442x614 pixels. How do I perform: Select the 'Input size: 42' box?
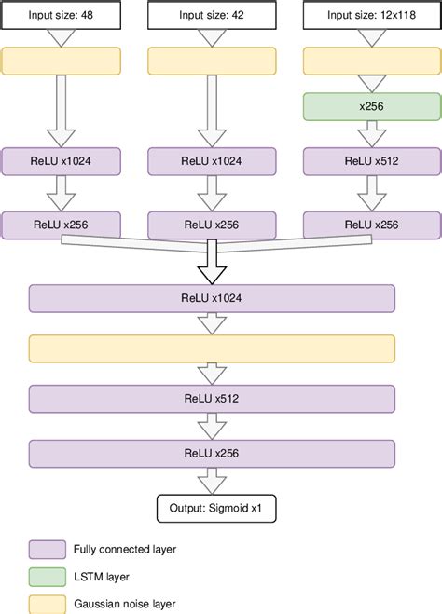[x=212, y=16]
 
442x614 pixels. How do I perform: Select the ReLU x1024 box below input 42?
[x=212, y=160]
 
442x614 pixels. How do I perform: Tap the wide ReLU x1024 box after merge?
[x=212, y=298]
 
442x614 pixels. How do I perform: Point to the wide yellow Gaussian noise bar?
[x=212, y=349]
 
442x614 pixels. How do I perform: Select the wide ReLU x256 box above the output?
[x=212, y=454]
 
